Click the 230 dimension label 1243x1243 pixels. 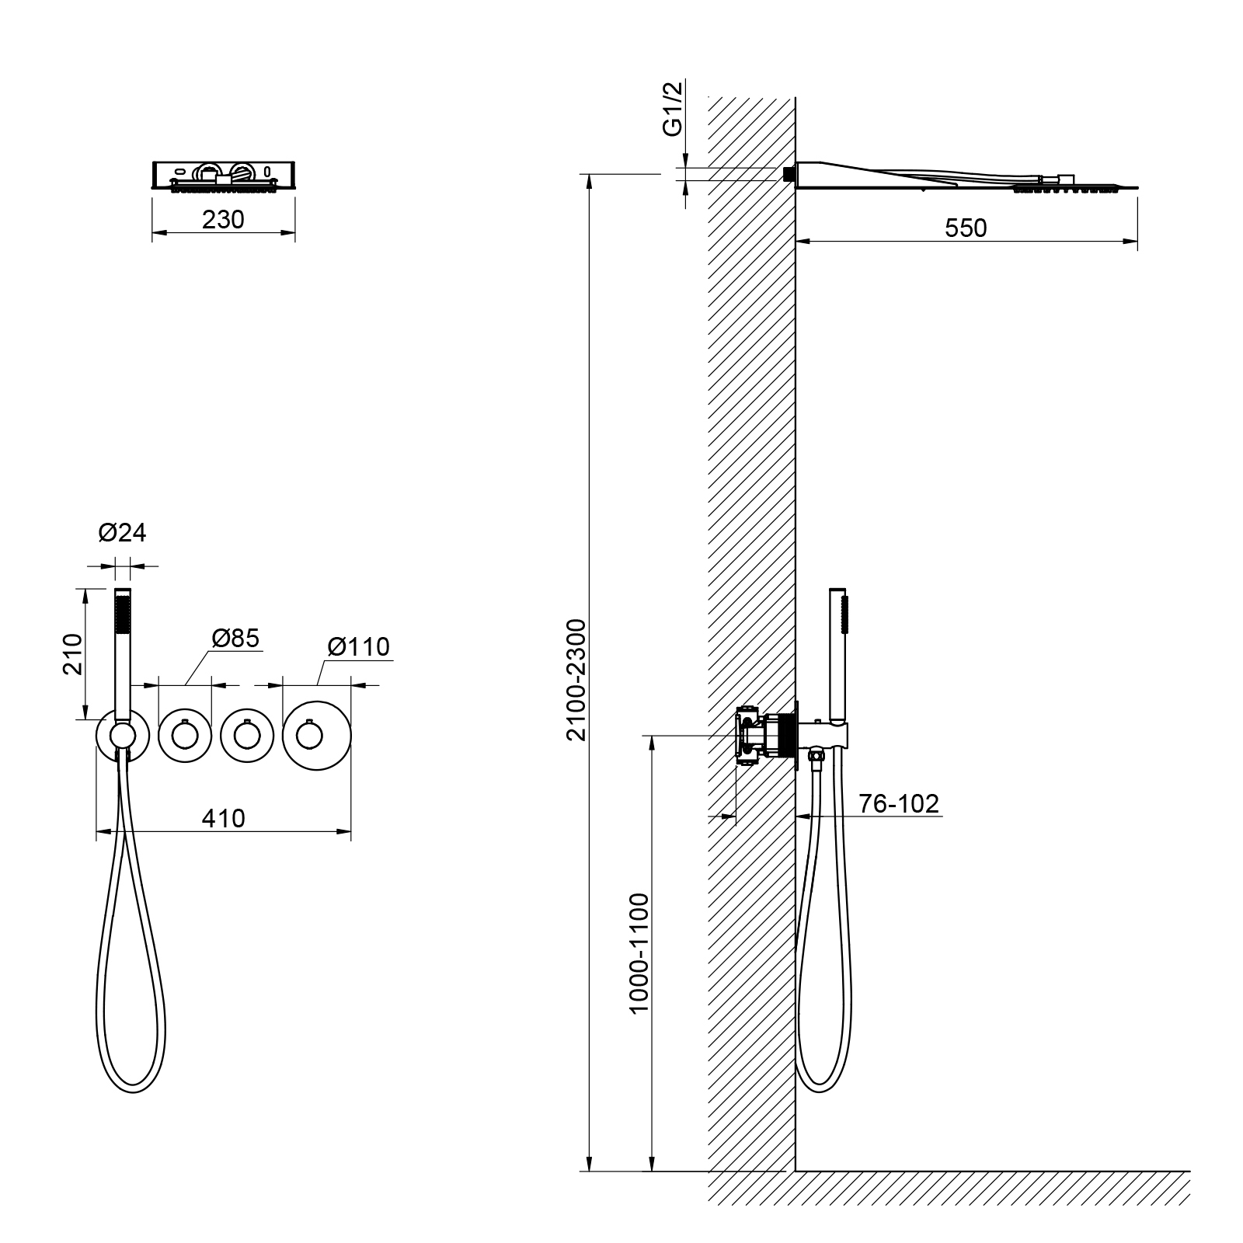pos(223,220)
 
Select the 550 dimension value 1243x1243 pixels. pos(966,228)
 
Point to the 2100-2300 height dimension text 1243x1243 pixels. pos(576,680)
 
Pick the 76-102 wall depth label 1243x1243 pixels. pos(899,803)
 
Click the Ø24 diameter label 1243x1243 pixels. pos(122,533)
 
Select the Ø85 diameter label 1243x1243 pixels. pos(235,638)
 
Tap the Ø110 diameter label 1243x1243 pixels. pos(358,646)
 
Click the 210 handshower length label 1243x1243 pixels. pos(72,654)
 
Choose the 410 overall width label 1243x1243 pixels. pos(223,818)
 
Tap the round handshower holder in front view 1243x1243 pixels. pos(121,735)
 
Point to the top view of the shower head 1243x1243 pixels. pos(223,175)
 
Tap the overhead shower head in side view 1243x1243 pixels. pos(963,176)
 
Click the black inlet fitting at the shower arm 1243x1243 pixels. pos(788,174)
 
